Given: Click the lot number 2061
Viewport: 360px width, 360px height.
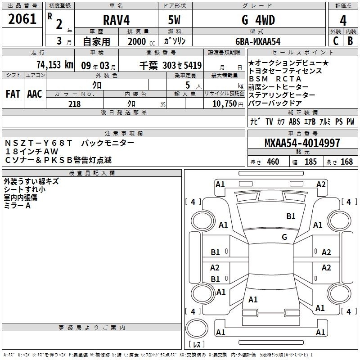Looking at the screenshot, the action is (x=22, y=19).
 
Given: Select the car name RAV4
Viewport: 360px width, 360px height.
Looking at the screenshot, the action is (x=116, y=20).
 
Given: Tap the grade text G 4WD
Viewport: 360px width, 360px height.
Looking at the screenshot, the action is (x=258, y=20).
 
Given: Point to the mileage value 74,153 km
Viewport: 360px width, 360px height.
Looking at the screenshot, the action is (x=55, y=65).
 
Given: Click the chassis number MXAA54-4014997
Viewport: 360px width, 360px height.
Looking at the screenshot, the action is (x=302, y=143).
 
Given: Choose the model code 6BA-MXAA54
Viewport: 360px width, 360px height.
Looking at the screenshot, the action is (x=258, y=41).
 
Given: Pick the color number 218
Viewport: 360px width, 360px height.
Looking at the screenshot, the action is (x=74, y=104).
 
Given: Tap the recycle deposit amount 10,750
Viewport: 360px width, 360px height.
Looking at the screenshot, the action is (x=224, y=104).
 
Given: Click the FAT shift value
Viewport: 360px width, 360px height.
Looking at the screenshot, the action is (x=13, y=94).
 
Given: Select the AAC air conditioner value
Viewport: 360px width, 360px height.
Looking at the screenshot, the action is (x=35, y=94).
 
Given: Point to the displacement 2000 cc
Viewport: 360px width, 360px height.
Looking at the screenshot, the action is (x=141, y=41).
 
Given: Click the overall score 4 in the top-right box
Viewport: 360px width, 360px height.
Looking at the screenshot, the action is (x=343, y=21).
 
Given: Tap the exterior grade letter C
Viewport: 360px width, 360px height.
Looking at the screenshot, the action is (x=336, y=41).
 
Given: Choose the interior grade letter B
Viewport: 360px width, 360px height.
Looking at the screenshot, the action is (x=351, y=41).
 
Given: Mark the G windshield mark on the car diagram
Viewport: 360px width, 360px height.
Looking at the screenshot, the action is (x=284, y=237).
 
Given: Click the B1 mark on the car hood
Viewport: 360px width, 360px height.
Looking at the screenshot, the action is (x=291, y=216).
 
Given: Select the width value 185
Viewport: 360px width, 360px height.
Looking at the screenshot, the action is (x=310, y=162).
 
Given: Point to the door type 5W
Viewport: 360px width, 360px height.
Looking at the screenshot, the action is (x=174, y=20).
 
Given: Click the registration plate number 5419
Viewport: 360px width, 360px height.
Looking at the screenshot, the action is (x=193, y=65).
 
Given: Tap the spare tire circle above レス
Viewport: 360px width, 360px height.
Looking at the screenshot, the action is (x=197, y=328).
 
